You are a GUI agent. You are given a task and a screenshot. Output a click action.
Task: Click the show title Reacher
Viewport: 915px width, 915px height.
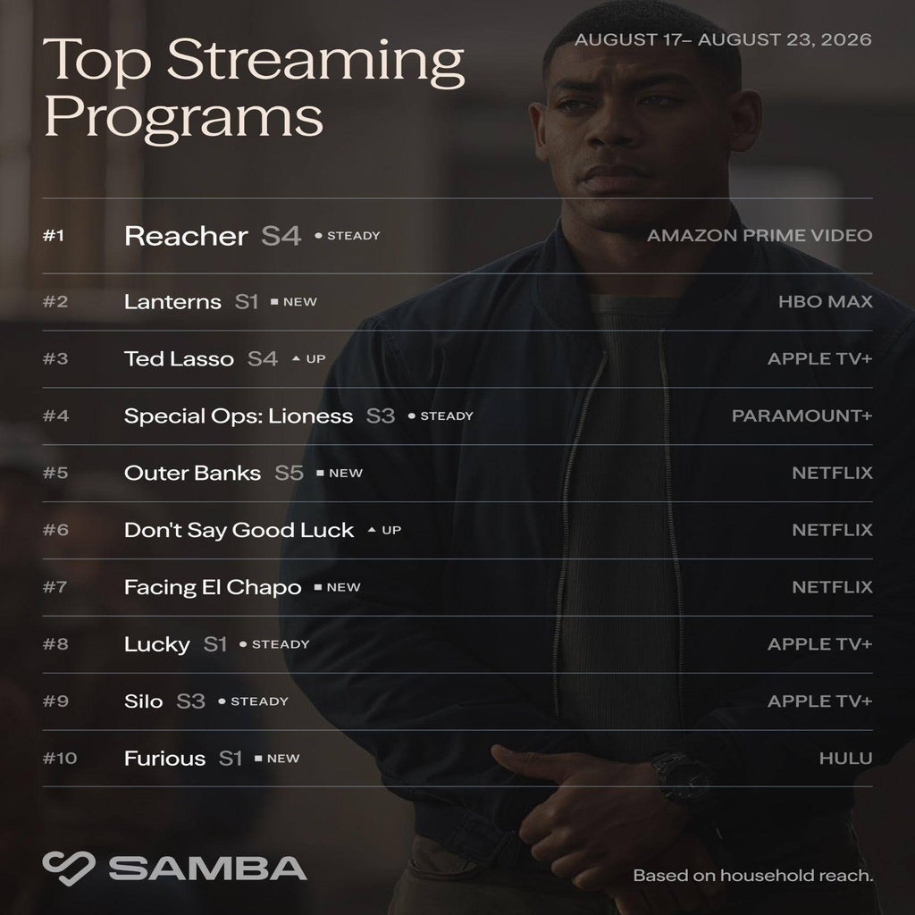(x=186, y=236)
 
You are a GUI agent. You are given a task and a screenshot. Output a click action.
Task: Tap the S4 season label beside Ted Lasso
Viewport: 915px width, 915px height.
(x=262, y=359)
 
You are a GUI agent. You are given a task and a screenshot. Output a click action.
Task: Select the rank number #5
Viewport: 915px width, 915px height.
(x=55, y=473)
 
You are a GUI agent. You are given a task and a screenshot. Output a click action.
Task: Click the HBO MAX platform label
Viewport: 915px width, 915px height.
(x=825, y=302)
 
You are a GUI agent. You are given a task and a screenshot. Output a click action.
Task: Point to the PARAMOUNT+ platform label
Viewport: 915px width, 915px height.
(x=802, y=416)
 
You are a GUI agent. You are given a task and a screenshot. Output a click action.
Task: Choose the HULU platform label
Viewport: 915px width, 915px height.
(x=845, y=759)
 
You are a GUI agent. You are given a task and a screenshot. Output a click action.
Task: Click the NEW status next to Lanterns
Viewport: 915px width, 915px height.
(x=300, y=302)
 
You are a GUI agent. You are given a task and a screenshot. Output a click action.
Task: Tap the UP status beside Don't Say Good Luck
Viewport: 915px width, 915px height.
(x=391, y=531)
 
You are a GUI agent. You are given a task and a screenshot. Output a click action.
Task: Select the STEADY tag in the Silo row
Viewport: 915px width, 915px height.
(x=259, y=701)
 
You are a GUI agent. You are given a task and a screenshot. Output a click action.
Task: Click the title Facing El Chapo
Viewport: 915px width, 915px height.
(x=213, y=587)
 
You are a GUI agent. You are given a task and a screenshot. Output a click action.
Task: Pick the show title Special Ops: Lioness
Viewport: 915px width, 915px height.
(x=238, y=416)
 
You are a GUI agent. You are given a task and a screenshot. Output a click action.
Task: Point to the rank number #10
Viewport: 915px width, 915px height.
(x=60, y=759)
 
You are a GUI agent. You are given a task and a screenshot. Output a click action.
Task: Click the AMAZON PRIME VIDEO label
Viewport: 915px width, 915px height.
(x=760, y=236)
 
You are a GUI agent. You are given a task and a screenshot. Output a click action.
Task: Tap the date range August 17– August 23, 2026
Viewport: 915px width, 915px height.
(x=723, y=39)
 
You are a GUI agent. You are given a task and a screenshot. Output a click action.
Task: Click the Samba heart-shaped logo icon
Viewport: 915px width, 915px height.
(x=68, y=868)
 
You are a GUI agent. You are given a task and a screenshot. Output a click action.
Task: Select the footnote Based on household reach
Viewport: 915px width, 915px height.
(x=752, y=876)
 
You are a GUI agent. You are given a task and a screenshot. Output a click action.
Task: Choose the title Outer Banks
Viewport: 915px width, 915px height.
(x=193, y=473)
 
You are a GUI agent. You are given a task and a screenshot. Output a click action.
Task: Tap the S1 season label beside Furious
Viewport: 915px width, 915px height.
(x=230, y=759)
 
